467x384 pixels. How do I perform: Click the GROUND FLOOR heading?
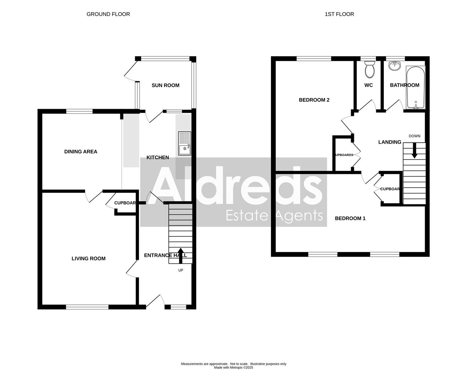[108, 14]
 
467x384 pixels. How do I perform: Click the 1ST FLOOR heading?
[339, 14]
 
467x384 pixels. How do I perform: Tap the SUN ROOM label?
[165, 85]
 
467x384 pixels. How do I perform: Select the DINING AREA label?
[81, 151]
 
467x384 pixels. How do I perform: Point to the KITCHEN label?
[158, 158]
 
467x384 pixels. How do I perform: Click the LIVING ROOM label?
[89, 258]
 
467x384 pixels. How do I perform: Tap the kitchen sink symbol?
[185, 144]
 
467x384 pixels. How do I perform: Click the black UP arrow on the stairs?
[180, 255]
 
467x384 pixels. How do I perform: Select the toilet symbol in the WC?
[370, 69]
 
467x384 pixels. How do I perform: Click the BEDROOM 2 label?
[314, 100]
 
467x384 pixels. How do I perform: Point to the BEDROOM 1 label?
[350, 218]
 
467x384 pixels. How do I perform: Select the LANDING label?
[389, 142]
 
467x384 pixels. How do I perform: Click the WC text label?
[368, 85]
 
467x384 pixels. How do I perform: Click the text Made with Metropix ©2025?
[233, 368]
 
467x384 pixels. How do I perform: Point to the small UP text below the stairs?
[181, 270]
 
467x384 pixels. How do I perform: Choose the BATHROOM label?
[404, 85]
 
